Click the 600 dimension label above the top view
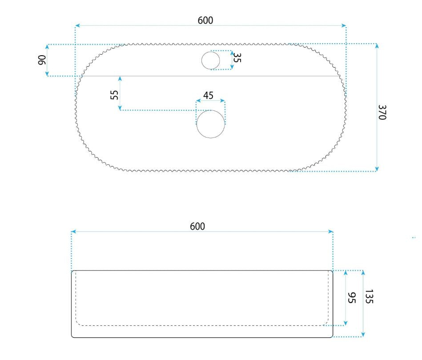tap(205, 20)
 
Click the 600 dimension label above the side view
tap(197, 227)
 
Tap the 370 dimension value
tap(382, 112)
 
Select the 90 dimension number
tap(42, 60)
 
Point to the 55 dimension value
tap(114, 95)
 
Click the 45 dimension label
tap(208, 95)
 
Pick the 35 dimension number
tap(237, 57)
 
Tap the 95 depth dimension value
tap(352, 298)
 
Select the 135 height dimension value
tap(369, 296)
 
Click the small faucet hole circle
tap(210, 61)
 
